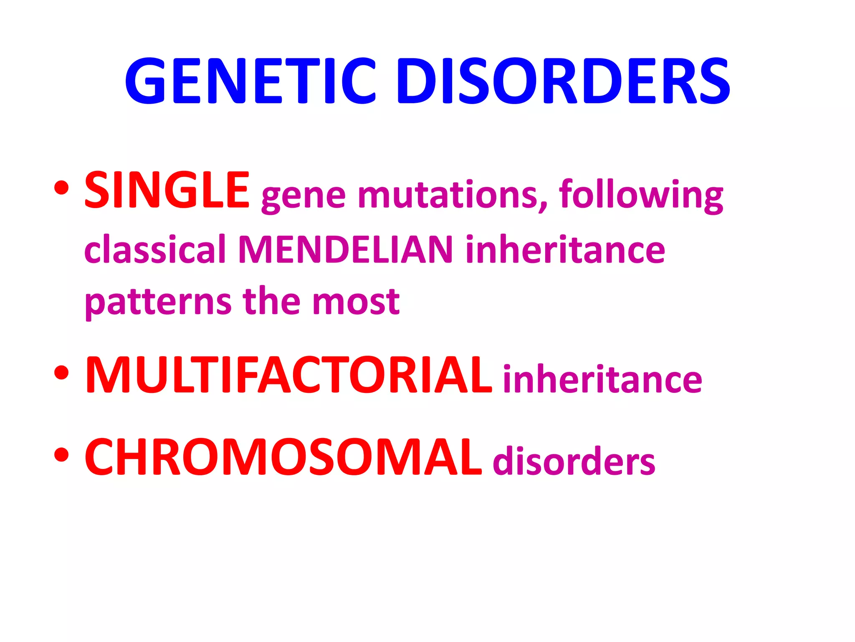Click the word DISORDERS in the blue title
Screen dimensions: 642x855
564,80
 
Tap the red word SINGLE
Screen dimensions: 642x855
167,191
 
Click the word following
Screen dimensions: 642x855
641,196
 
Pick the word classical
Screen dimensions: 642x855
155,249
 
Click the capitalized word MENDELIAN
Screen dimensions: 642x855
346,249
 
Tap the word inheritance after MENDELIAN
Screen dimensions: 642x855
565,249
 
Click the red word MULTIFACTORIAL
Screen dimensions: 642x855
288,375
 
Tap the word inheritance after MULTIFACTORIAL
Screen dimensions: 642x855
602,379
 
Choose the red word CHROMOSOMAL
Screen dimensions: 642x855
283,457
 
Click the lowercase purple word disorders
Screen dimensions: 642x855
574,461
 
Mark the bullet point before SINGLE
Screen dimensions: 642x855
61,188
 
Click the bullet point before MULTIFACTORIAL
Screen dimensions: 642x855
61,372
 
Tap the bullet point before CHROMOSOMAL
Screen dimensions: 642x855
61,455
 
